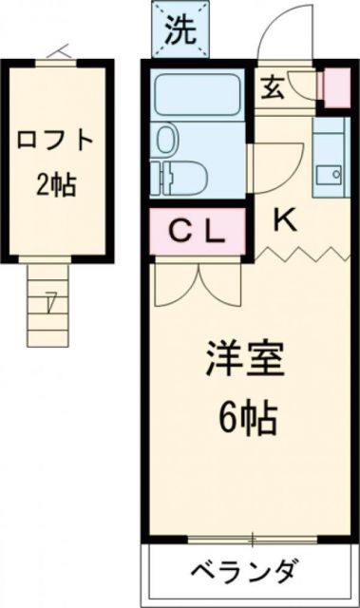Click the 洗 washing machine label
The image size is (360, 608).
[180, 29]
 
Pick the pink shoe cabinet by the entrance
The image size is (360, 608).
[334, 88]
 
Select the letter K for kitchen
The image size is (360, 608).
[284, 219]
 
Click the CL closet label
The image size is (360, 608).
[197, 231]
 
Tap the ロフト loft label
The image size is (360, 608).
[55, 142]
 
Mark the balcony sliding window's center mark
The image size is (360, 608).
[253, 541]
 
